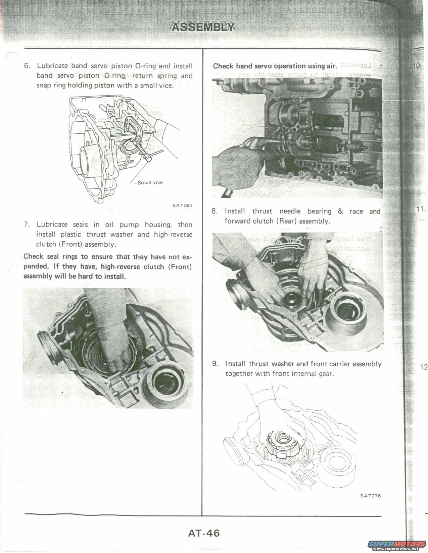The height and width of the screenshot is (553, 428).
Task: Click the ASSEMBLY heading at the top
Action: [x=203, y=27]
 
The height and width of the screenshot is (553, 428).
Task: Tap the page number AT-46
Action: [x=204, y=533]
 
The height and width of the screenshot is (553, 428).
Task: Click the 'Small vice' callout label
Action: [x=150, y=183]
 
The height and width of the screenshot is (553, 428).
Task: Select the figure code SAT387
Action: [x=183, y=205]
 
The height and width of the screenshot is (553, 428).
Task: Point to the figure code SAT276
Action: [x=371, y=496]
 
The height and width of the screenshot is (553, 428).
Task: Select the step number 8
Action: [x=215, y=211]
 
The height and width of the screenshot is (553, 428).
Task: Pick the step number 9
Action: [x=215, y=364]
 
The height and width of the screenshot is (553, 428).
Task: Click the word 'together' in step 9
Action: [x=239, y=374]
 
